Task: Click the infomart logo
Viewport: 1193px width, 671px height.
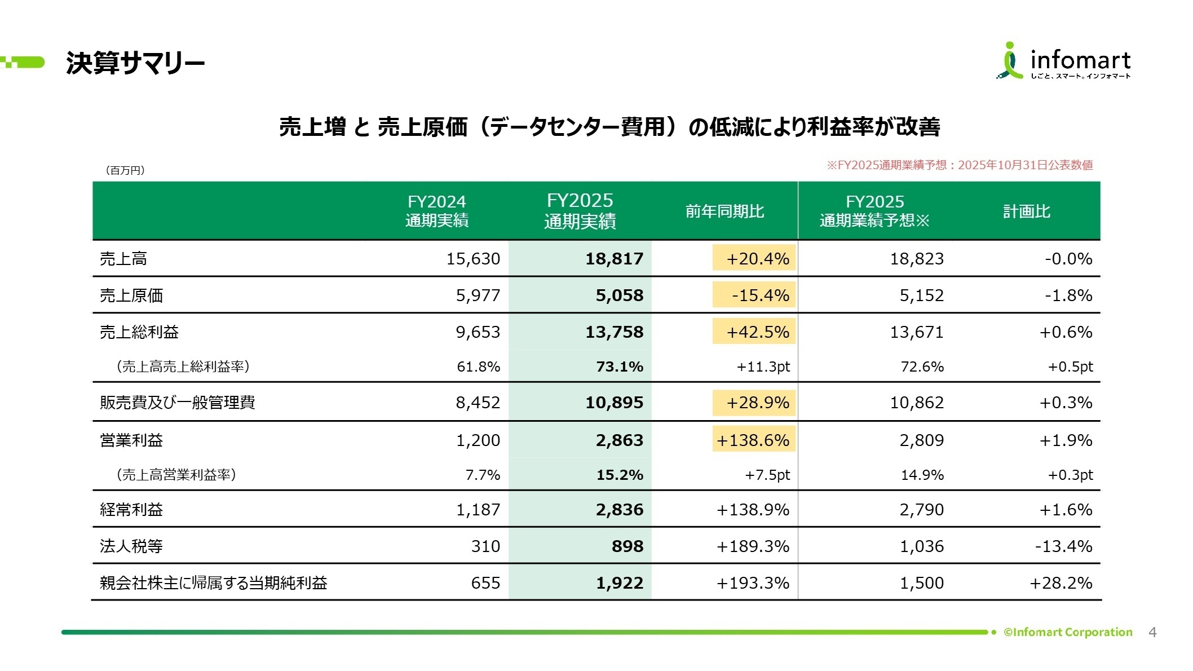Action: tap(1063, 61)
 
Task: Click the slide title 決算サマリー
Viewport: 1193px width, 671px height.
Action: tap(135, 63)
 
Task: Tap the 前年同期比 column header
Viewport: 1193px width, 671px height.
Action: tap(724, 211)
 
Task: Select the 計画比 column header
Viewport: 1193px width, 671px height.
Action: tap(1026, 211)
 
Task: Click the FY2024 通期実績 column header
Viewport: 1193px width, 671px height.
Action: tap(436, 211)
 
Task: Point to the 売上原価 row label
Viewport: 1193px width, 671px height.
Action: tap(131, 295)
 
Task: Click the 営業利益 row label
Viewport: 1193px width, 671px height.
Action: tap(131, 440)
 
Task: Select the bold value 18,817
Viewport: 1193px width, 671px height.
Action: tap(614, 259)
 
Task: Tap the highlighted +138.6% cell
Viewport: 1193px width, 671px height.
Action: tap(753, 440)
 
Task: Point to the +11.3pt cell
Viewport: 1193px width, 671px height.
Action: tap(763, 367)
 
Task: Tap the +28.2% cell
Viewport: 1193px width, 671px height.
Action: tap(1061, 583)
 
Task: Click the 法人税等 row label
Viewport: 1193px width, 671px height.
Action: tap(131, 546)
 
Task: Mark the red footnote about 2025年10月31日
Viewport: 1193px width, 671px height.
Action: tap(959, 165)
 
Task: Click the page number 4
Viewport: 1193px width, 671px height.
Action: tap(1152, 633)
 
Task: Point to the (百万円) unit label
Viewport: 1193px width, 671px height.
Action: tap(125, 170)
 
